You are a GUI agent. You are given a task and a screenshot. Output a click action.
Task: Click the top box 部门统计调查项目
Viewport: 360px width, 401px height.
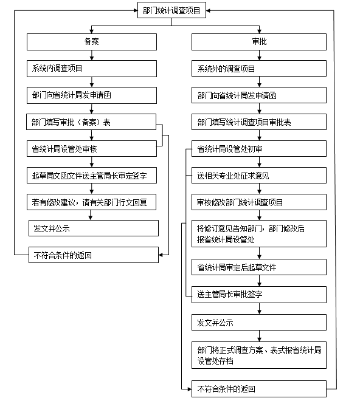click(171, 10)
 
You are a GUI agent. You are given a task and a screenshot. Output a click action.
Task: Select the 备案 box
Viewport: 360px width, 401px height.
click(92, 42)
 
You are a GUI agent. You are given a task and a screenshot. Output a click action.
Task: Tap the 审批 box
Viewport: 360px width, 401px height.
click(259, 42)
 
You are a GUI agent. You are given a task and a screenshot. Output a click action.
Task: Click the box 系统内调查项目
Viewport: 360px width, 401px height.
click(92, 69)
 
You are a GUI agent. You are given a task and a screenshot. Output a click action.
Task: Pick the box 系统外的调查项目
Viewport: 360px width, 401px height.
click(259, 68)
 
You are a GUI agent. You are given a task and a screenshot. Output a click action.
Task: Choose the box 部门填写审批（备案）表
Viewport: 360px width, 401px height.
click(91, 122)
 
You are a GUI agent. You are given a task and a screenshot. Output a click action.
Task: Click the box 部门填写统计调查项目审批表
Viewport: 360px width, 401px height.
click(259, 122)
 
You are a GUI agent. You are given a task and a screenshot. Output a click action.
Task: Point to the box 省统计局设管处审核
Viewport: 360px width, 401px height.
click(92, 149)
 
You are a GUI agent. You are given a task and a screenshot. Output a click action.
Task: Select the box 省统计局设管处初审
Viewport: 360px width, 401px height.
click(259, 149)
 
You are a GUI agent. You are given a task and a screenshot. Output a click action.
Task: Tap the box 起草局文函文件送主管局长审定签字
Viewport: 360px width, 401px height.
click(92, 176)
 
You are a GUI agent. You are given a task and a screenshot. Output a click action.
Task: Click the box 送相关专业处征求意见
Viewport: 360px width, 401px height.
click(259, 176)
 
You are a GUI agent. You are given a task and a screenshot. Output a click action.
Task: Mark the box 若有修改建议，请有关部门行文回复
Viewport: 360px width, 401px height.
click(91, 202)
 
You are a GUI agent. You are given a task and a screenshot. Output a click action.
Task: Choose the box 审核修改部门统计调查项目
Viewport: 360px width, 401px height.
click(259, 202)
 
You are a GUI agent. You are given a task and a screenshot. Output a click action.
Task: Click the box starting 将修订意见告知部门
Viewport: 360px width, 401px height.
click(259, 233)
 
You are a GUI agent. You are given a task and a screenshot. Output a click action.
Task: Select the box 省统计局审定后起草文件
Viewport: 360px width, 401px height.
click(259, 267)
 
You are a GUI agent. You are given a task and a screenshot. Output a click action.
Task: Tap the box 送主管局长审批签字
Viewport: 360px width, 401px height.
click(259, 295)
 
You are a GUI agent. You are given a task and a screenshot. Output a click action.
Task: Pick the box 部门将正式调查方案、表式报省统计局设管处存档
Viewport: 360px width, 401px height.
click(259, 355)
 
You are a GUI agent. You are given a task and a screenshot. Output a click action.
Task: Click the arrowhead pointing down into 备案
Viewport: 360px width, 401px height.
click(92, 31)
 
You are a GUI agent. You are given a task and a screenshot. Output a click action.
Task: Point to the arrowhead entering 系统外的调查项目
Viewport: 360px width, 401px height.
click(260, 58)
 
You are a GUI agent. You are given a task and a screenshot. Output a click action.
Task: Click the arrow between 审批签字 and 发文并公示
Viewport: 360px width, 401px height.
click(260, 309)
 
